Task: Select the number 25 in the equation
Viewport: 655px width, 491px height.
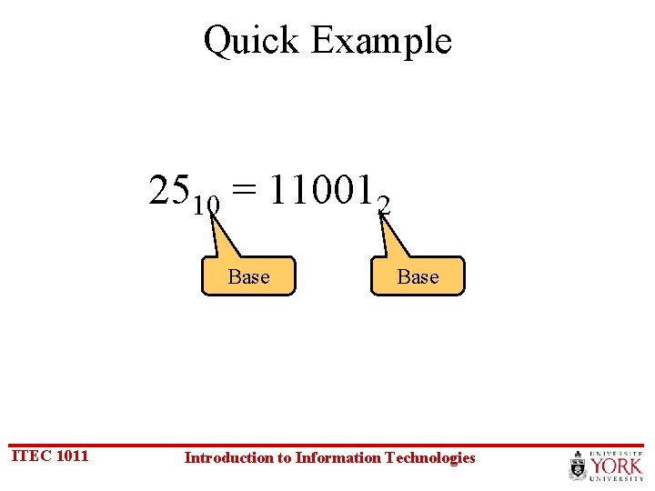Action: pyautogui.click(x=170, y=190)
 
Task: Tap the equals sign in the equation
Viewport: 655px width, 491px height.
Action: pyautogui.click(x=243, y=191)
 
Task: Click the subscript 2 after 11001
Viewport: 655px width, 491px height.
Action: pyautogui.click(x=385, y=207)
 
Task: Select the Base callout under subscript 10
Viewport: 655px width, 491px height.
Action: pyautogui.click(x=248, y=276)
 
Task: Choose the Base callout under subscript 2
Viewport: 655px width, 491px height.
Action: pyautogui.click(x=418, y=276)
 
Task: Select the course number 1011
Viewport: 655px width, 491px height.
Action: pyautogui.click(x=72, y=456)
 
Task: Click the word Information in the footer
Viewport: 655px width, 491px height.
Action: pyautogui.click(x=338, y=457)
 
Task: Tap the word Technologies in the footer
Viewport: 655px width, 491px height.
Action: pyautogui.click(x=430, y=457)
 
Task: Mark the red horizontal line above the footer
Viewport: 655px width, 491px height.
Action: pyautogui.click(x=327, y=445)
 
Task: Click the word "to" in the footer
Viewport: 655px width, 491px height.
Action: pyautogui.click(x=284, y=457)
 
